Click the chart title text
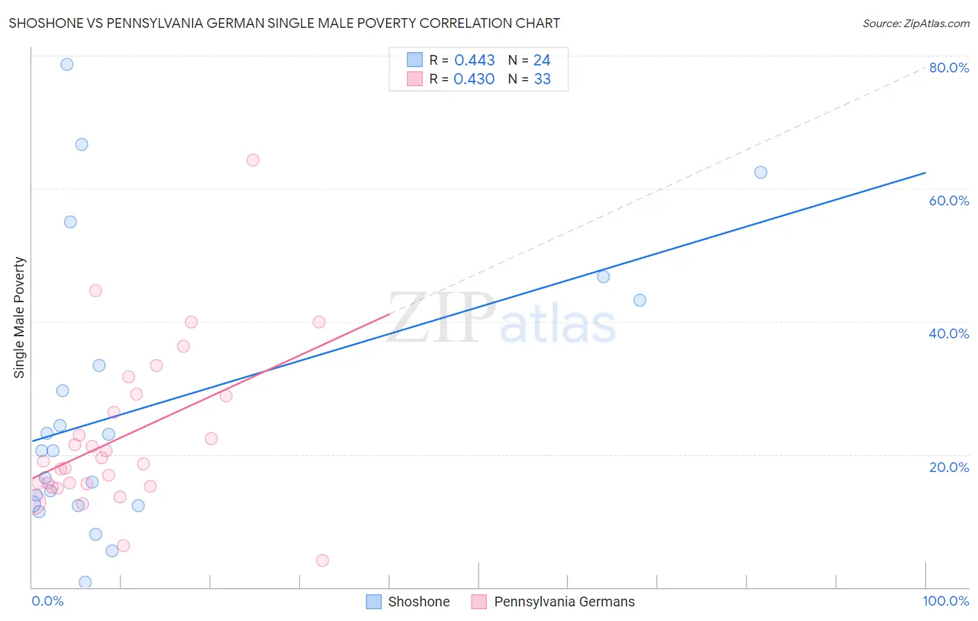(284, 23)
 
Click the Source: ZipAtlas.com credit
(915, 24)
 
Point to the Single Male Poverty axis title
(19, 317)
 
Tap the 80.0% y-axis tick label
(949, 68)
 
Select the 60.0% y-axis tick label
(949, 201)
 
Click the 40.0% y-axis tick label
(949, 333)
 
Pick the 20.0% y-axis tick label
(949, 467)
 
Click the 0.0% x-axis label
(47, 601)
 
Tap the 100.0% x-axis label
(945, 601)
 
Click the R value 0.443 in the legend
(474, 61)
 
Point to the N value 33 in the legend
(542, 79)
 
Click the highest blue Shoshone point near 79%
(67, 64)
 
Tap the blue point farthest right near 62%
(760, 172)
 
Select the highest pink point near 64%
(252, 160)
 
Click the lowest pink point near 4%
(322, 560)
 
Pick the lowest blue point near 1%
(85, 582)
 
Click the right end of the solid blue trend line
(925, 172)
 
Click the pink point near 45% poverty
(95, 290)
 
